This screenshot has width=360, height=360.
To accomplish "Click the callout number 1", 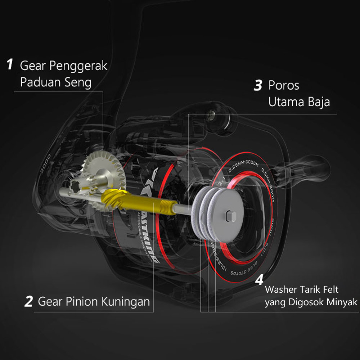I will (x=10, y=65).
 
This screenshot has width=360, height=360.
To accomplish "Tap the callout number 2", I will (x=28, y=301).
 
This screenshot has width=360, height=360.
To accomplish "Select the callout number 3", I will (x=258, y=86).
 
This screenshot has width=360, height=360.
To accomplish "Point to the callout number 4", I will (x=259, y=280).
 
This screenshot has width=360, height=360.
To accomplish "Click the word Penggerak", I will (x=78, y=66).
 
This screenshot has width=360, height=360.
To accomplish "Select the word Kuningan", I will (x=126, y=301).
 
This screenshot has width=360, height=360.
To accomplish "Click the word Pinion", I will (x=84, y=301).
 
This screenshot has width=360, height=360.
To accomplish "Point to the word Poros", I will (x=284, y=86).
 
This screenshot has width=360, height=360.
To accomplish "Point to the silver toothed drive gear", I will (x=103, y=169).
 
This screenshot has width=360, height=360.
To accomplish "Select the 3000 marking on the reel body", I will (x=46, y=165).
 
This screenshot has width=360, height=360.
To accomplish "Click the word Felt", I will (x=331, y=289).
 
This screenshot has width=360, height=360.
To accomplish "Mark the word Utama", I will (x=287, y=102).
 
